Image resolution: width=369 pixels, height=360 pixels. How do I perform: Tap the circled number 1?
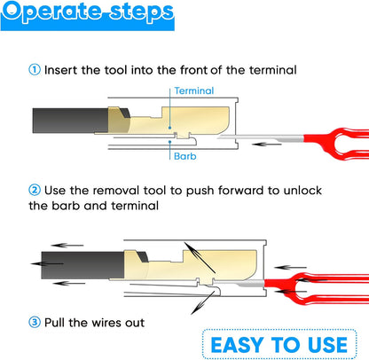35,70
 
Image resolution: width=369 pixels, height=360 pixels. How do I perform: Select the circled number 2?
35,190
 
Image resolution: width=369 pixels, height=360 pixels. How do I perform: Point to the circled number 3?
35,322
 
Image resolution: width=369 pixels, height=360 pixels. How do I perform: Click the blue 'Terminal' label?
194,90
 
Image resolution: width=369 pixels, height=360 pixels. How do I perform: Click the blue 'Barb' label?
185,156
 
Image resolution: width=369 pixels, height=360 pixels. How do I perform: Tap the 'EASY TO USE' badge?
279,345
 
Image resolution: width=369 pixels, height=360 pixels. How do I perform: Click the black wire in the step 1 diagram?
70,121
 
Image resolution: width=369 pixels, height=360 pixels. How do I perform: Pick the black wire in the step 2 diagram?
82,265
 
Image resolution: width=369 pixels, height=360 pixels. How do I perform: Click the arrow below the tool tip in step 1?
266,145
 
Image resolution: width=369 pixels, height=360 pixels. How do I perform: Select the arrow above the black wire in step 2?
67,245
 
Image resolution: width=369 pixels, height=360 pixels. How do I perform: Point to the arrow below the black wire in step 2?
68,284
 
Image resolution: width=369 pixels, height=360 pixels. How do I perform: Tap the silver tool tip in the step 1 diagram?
261,137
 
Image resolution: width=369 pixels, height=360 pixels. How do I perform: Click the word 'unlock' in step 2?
302,191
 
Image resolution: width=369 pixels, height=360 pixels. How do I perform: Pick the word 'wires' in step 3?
107,323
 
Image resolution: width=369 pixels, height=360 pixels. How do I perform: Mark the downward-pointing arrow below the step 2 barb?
203,302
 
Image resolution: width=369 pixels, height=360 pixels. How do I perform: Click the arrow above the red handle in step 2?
290,268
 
